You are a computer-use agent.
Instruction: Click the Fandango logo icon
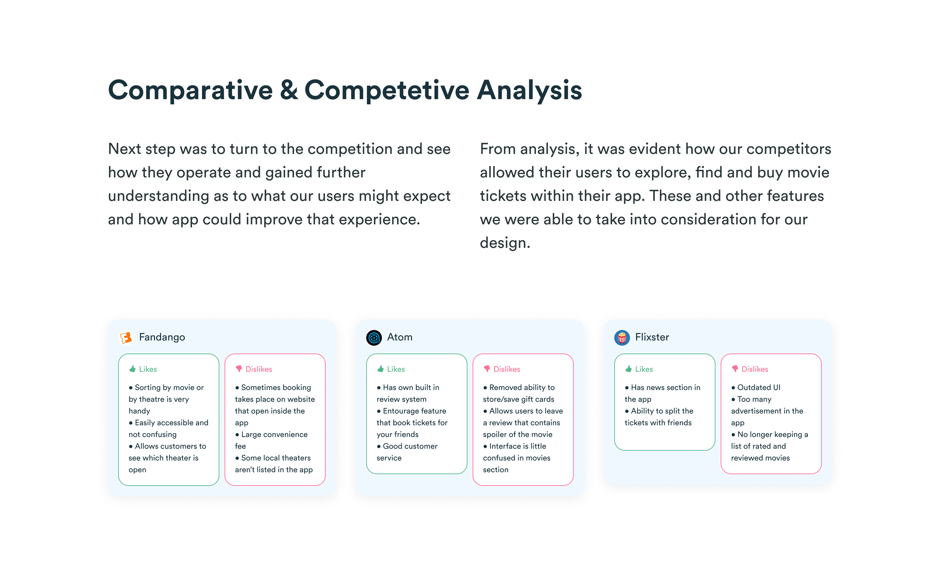pos(126,338)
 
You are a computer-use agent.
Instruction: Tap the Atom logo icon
pos(374,338)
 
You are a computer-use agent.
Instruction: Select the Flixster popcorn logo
pos(621,338)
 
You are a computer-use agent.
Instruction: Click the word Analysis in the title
pos(529,90)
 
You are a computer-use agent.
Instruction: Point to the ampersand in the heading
pos(289,90)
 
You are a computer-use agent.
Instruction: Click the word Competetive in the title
pos(387,90)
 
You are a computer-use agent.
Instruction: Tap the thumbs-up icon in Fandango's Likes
pos(133,369)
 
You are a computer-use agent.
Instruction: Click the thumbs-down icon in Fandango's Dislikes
pos(239,369)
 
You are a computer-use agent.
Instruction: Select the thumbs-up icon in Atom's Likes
pos(380,369)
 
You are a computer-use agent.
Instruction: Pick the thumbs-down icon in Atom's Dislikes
pos(487,369)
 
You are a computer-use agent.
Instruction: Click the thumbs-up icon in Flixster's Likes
pos(629,369)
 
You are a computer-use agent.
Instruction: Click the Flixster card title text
pos(652,337)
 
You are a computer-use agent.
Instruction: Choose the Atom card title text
pos(400,337)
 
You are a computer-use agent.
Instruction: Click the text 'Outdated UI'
pos(759,387)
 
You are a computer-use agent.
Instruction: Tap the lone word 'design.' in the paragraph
pos(505,243)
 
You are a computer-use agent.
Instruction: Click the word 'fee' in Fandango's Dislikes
pos(241,446)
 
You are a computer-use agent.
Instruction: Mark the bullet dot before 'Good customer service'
pos(379,446)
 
